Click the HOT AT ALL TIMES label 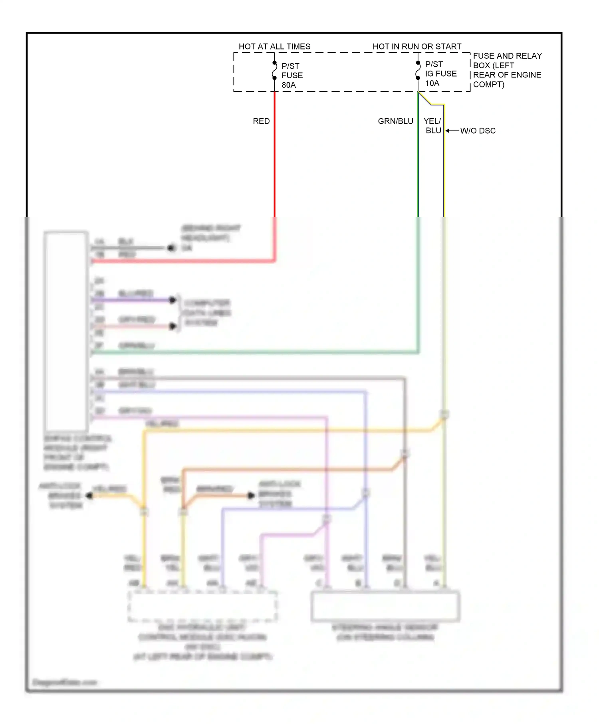pyautogui.click(x=274, y=46)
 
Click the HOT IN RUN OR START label pyautogui.click(x=417, y=46)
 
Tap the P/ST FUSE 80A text pyautogui.click(x=292, y=75)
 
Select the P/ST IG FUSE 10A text pyautogui.click(x=440, y=74)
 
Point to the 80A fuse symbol pyautogui.click(x=274, y=70)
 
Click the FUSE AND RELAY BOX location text pyautogui.click(x=507, y=70)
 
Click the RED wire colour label pyautogui.click(x=261, y=121)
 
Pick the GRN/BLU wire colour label pyautogui.click(x=395, y=121)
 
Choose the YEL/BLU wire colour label pyautogui.click(x=432, y=126)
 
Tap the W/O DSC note pyautogui.click(x=478, y=131)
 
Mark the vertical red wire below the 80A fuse pyautogui.click(x=274, y=160)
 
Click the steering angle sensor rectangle pyautogui.click(x=385, y=607)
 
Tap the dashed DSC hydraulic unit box pyautogui.click(x=202, y=607)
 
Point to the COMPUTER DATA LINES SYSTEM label pyautogui.click(x=207, y=313)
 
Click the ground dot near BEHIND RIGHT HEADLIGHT pyautogui.click(x=171, y=248)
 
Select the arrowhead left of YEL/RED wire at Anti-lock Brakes pyautogui.click(x=89, y=496)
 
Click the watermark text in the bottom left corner pyautogui.click(x=65, y=682)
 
